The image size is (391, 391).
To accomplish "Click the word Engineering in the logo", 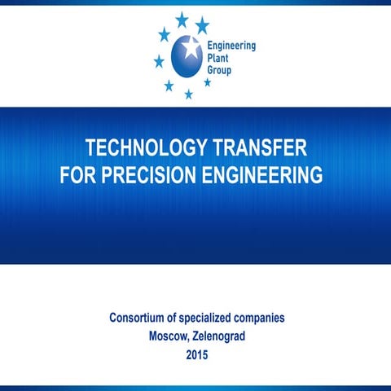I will [231, 46].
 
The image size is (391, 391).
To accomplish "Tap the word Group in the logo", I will [221, 71].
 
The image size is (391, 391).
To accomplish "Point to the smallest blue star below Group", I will [208, 82].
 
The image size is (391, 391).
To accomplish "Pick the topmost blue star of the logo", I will [182, 18].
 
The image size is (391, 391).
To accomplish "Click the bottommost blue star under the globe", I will [189, 94].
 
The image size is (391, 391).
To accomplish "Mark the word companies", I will [262, 318].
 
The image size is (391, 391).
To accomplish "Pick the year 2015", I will [197, 355].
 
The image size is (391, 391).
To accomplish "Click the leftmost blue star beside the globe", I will [159, 61].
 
